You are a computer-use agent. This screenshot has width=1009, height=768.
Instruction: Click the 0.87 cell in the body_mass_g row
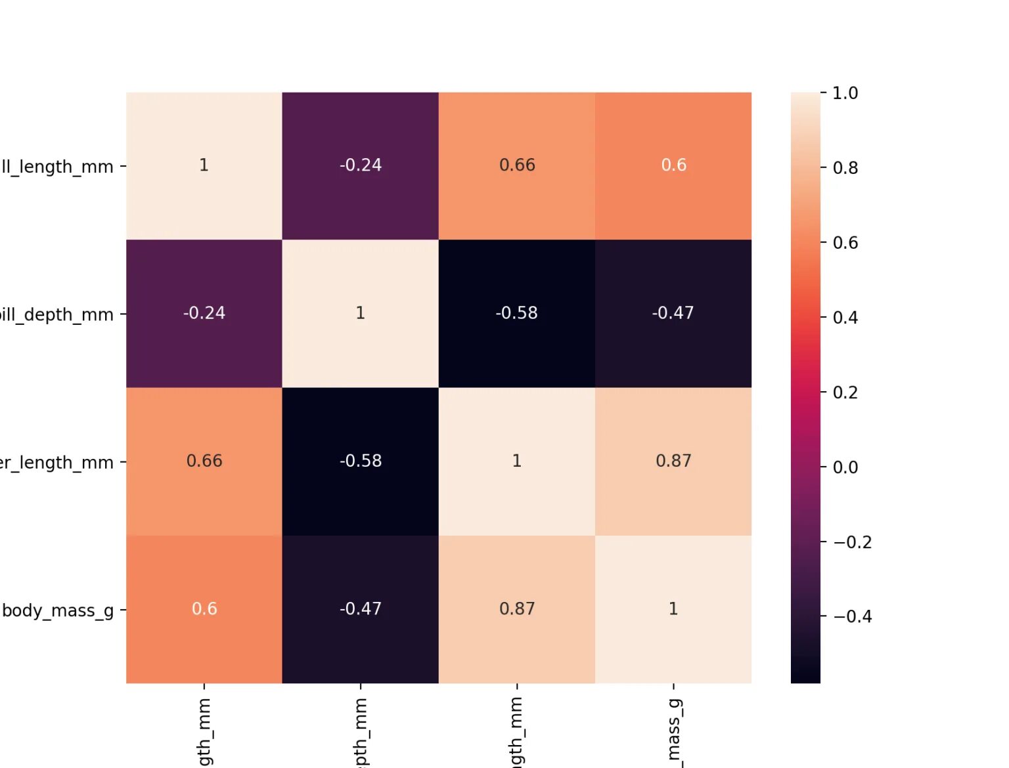click(517, 609)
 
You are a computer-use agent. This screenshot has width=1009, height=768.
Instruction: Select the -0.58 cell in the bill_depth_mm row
click(517, 313)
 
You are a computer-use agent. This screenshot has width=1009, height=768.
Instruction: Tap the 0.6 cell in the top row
click(673, 165)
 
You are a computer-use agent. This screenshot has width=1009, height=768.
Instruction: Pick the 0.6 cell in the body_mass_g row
click(204, 609)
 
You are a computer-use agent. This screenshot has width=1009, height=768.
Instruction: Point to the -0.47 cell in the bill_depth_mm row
click(673, 313)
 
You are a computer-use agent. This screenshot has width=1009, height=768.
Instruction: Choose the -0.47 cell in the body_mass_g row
click(361, 609)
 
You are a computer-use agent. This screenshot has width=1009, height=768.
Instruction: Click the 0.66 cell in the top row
click(517, 165)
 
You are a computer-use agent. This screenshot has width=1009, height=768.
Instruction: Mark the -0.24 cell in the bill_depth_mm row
click(204, 313)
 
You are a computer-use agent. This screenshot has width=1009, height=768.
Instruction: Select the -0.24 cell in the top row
click(361, 165)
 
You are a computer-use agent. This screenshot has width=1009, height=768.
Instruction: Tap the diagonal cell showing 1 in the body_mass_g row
click(673, 609)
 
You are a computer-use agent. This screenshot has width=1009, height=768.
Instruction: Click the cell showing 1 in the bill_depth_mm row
click(361, 313)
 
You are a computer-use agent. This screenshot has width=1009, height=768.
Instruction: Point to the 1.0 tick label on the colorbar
click(845, 93)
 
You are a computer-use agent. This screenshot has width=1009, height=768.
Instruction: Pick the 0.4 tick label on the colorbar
click(845, 318)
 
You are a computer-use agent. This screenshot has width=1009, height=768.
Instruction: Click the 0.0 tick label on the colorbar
click(845, 467)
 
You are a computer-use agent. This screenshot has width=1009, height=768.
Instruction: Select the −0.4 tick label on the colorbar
click(852, 616)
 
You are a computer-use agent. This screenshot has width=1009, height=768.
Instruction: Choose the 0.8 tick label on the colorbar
click(845, 168)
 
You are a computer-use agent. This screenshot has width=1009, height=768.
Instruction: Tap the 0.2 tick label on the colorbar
click(845, 393)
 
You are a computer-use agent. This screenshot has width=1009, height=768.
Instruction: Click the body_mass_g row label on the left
click(58, 611)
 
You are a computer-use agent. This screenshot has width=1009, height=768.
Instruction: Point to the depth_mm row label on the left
click(56, 315)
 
